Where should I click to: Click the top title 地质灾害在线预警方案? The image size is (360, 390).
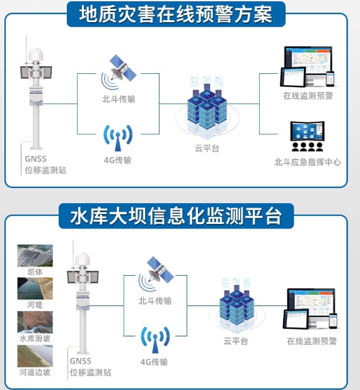[x=176, y=14]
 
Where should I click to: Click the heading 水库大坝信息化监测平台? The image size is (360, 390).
[x=176, y=216]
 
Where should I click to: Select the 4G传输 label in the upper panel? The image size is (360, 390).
[x=117, y=160]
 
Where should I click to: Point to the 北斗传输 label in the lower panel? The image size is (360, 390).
[x=155, y=301]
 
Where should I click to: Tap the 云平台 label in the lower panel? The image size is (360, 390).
[x=236, y=341]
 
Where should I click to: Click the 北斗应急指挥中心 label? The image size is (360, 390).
[x=308, y=162]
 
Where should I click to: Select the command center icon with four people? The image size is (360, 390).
[x=307, y=136]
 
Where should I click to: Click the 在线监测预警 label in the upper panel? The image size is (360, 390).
[x=308, y=96]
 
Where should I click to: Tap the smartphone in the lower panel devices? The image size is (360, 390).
[x=333, y=321]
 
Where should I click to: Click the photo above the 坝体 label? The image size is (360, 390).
[x=35, y=256]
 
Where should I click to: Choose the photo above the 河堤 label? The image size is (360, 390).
[x=35, y=288]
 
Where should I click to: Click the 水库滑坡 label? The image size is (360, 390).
[x=35, y=338]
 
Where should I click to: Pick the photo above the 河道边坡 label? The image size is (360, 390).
[x=35, y=356]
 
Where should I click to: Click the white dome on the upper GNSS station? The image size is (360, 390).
[x=36, y=54]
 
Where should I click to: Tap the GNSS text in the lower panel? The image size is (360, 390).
[x=81, y=361]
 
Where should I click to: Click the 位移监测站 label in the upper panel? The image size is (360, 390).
[x=45, y=170]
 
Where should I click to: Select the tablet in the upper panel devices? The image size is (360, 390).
[x=293, y=77]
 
